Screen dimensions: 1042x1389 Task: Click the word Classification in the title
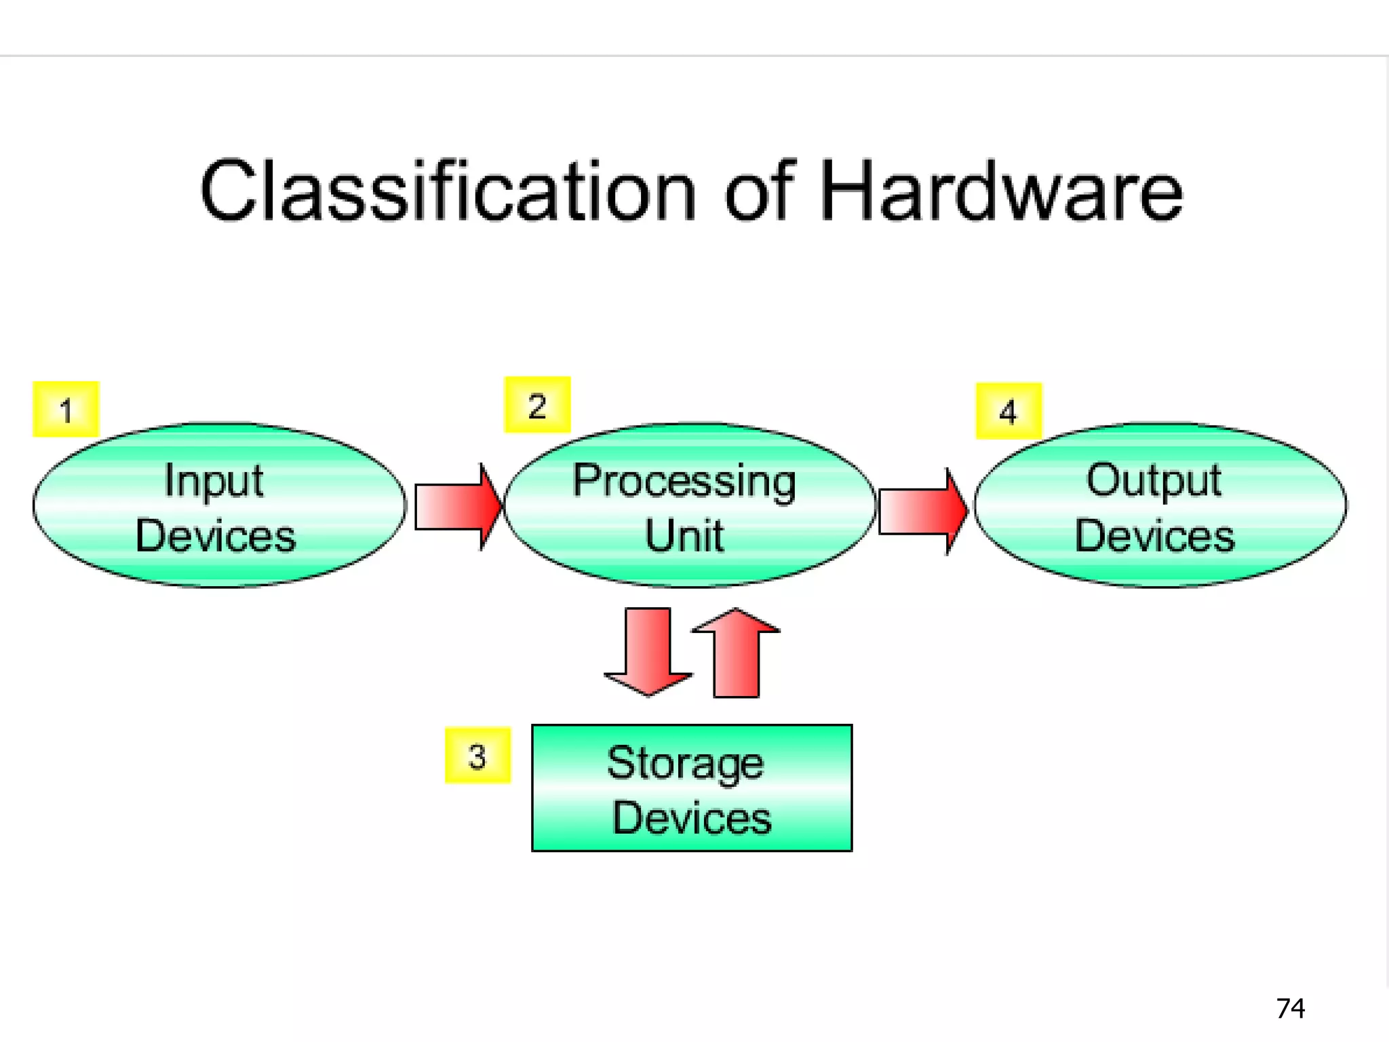[448, 191]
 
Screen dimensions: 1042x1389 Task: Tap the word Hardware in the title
[1001, 191]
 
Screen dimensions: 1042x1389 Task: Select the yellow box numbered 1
[66, 409]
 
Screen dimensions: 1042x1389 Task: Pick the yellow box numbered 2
[537, 405]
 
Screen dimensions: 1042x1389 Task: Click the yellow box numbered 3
[477, 755]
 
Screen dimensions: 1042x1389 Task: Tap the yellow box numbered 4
[1009, 411]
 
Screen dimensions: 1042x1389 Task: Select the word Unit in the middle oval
[684, 536]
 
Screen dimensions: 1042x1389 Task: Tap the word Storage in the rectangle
[685, 764]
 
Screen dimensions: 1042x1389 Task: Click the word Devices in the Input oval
[216, 536]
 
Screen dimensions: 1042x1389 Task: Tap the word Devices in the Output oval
[1154, 536]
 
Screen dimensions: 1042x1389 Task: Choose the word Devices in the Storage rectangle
[692, 818]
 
